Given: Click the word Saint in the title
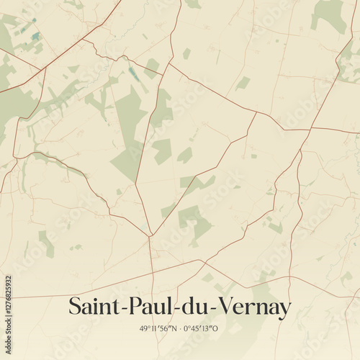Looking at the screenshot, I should point(92,307).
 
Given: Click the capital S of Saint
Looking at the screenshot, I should point(75,307).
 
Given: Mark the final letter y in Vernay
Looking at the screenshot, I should point(285,310).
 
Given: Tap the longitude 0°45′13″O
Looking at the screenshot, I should point(201,328).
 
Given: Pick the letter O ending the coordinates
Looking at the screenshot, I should point(216,328).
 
